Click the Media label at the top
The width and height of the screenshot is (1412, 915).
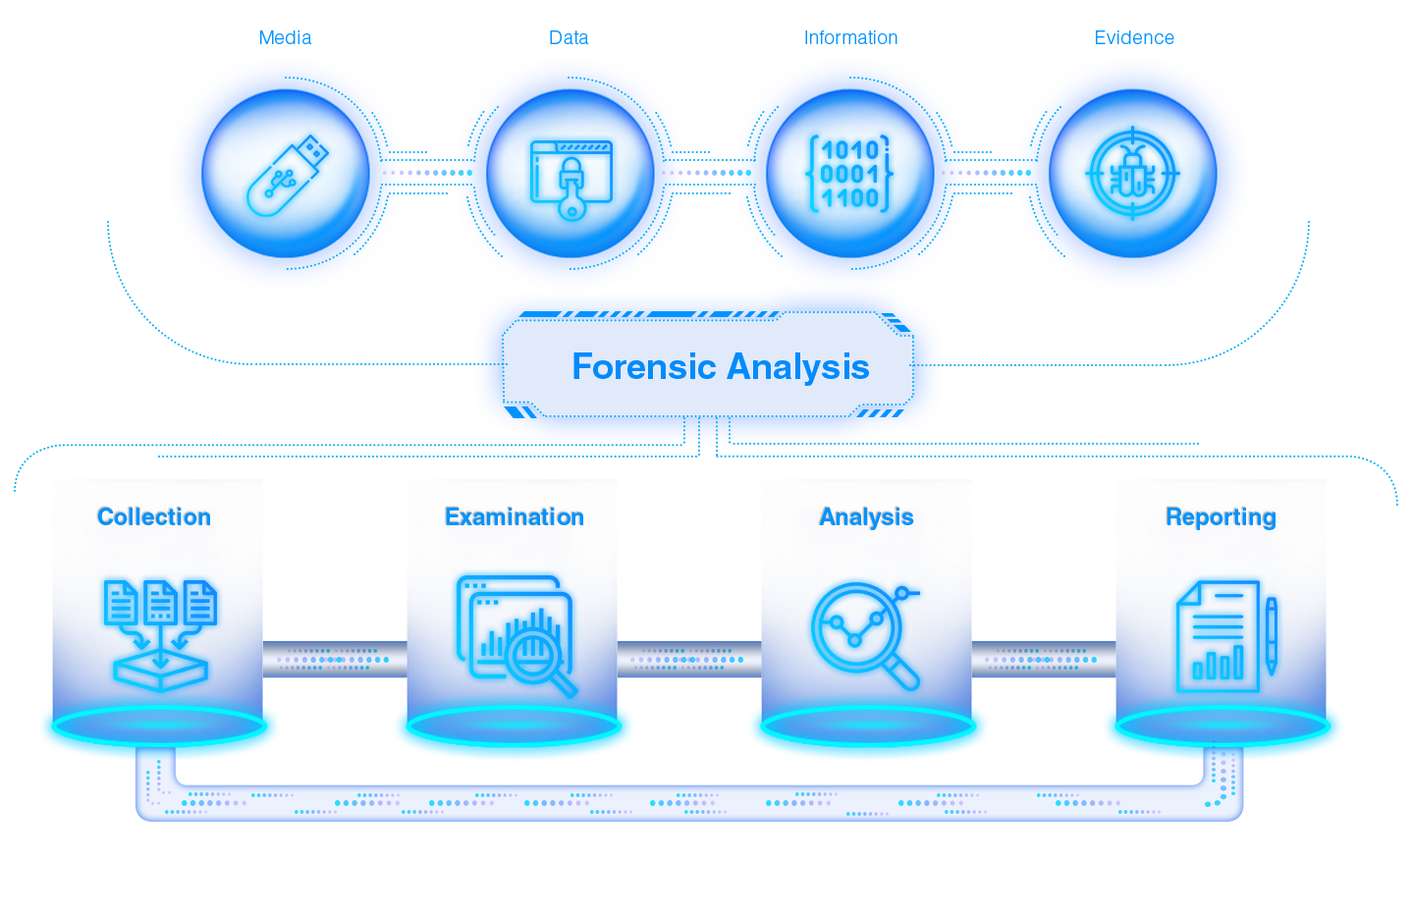tap(286, 37)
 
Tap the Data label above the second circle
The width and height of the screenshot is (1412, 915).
tap(569, 37)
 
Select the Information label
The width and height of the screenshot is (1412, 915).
tap(850, 37)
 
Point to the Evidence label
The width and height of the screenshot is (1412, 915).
tap(1134, 37)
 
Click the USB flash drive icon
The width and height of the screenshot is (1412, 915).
tap(285, 174)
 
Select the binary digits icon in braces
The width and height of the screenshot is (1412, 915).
tap(850, 174)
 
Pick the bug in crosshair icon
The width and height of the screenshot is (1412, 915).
tap(1132, 175)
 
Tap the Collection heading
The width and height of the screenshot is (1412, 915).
tap(154, 517)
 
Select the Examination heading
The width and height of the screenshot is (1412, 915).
tap(515, 517)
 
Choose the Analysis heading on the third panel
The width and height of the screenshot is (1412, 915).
tap(867, 517)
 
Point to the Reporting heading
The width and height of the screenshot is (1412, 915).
tap(1221, 517)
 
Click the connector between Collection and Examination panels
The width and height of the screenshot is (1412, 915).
tap(335, 659)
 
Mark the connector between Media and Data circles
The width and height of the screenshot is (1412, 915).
tap(428, 173)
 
